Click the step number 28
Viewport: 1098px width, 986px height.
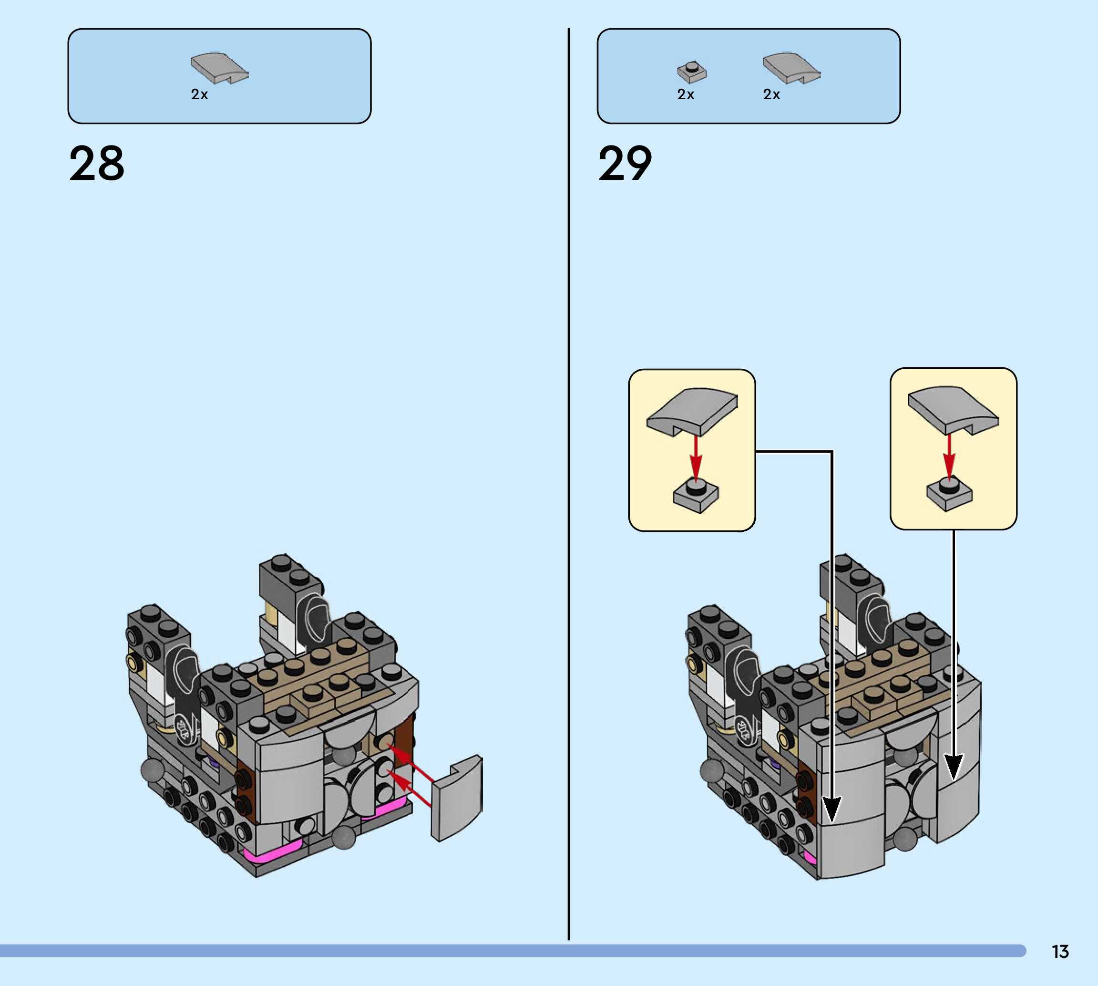tap(97, 163)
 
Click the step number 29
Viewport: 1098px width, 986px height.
tap(626, 163)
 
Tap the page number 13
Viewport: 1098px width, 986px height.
tap(1060, 951)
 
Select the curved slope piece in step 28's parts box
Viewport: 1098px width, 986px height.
tap(219, 68)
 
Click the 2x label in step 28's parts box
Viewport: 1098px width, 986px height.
tap(199, 95)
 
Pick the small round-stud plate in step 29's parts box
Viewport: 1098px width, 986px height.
tap(691, 72)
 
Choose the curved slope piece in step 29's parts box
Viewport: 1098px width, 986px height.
tap(791, 68)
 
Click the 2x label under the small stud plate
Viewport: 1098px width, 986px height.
tap(686, 95)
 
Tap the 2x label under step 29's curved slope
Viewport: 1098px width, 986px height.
tap(771, 95)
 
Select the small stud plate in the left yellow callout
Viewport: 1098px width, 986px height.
tap(696, 495)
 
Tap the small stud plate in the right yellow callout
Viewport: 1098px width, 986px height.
tap(949, 493)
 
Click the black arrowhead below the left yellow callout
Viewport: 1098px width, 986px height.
tap(832, 810)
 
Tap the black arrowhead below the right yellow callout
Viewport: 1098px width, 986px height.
tap(954, 766)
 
